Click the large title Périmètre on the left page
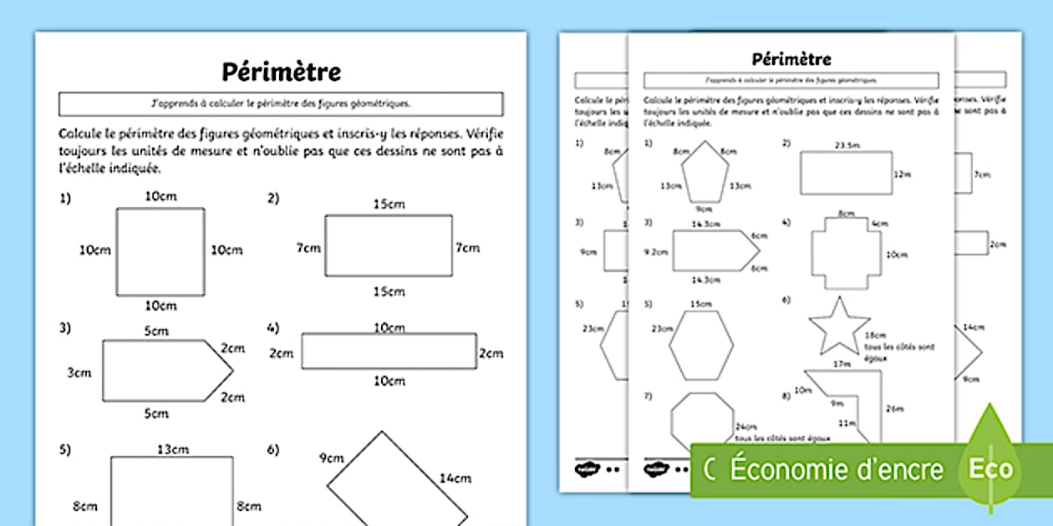(281, 72)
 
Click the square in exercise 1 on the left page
(160, 251)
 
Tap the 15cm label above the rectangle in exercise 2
(389, 204)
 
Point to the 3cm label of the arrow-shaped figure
(79, 372)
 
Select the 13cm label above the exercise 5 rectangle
(173, 450)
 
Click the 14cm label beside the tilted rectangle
(455, 478)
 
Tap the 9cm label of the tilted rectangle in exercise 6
(331, 458)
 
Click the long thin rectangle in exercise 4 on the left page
(389, 351)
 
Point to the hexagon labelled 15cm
(701, 345)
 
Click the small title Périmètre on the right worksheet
(791, 58)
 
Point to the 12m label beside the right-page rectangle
(900, 174)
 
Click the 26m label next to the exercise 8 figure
(894, 408)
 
